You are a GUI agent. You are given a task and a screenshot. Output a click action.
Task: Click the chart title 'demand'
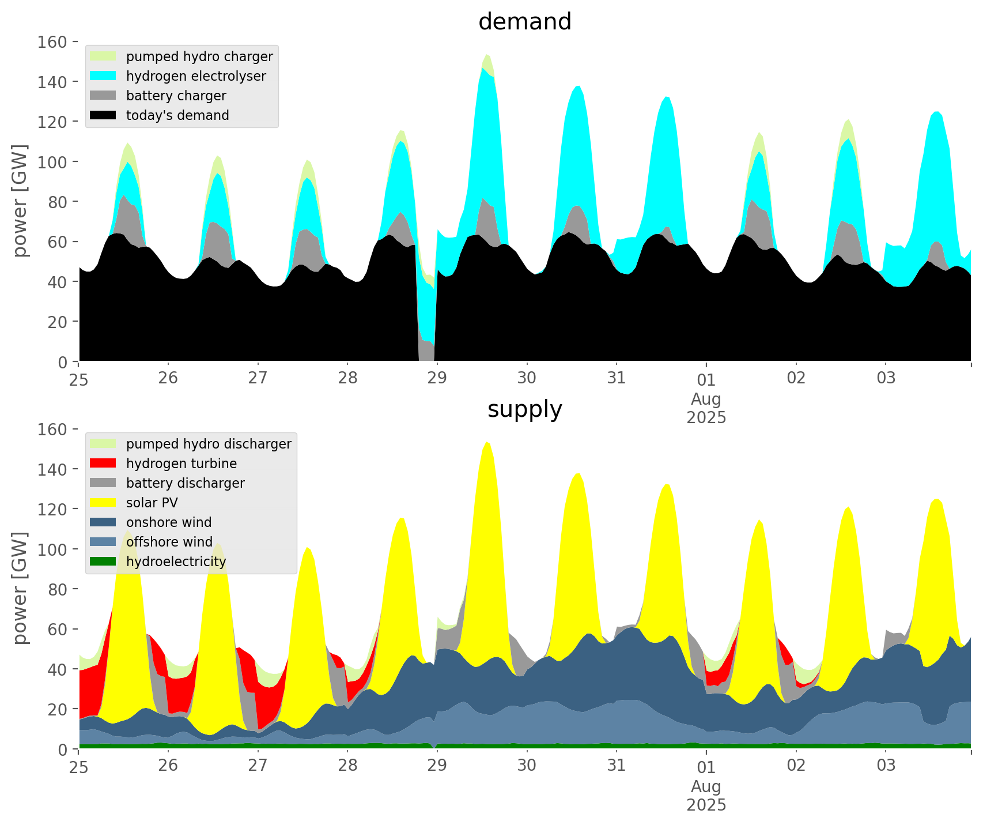click(524, 22)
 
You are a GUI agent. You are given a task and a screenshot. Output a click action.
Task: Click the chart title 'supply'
click(524, 409)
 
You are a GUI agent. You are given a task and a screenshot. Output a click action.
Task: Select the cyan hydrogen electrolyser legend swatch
click(103, 76)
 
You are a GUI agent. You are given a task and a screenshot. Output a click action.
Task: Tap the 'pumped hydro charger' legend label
click(199, 56)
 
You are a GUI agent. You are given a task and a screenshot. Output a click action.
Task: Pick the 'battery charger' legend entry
click(176, 96)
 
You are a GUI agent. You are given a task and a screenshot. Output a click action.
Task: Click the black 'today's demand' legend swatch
click(103, 115)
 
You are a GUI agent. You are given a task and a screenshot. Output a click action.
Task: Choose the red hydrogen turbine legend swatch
click(103, 464)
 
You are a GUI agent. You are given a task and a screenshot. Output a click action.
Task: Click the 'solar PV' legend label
click(152, 503)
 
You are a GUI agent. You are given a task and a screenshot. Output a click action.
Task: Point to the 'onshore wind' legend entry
click(169, 522)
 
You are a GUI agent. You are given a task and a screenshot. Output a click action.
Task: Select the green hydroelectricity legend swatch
click(103, 562)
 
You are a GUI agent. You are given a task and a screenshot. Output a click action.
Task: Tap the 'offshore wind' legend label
click(169, 542)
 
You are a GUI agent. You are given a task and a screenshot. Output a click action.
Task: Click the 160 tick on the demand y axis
click(53, 42)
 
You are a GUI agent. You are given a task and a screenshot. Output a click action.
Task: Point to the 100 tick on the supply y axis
click(53, 549)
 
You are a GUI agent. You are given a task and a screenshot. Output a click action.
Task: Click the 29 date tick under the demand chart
click(437, 378)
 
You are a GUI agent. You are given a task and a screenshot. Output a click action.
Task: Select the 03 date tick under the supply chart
click(886, 766)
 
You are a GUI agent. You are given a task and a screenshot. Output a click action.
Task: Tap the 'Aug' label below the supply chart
click(706, 786)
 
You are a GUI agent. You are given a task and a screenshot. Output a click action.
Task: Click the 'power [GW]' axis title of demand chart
click(20, 201)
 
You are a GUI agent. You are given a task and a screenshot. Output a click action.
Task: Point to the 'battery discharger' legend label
click(185, 483)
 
